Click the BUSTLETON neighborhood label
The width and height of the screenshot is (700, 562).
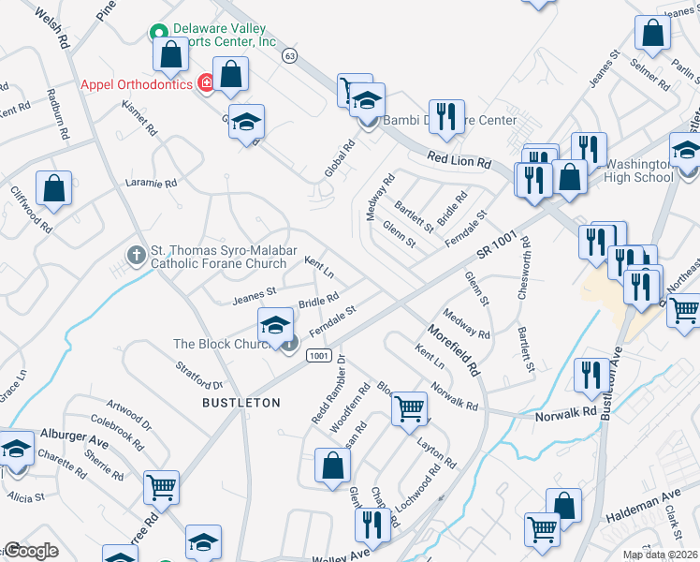(241, 402)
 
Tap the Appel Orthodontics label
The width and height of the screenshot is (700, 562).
(138, 83)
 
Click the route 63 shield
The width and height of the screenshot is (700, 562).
(291, 55)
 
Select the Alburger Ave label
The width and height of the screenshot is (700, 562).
(75, 437)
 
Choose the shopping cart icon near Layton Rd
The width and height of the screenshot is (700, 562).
(409, 408)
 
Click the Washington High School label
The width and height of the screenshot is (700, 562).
(639, 170)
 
